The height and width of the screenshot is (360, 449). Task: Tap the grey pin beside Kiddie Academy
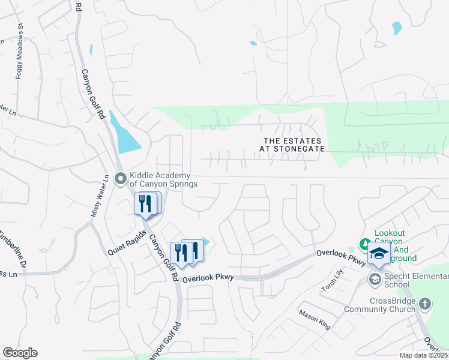tap(121, 178)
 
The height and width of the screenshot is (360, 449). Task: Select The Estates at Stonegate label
tap(294, 144)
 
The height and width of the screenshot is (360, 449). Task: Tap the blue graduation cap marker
tap(379, 254)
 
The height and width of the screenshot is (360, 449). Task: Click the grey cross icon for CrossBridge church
tap(425, 304)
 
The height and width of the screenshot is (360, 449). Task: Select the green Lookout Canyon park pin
tap(364, 244)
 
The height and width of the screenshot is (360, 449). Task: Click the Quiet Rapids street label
tap(127, 244)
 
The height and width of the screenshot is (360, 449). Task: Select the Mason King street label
tap(315, 317)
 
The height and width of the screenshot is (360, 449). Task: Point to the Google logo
tap(20, 353)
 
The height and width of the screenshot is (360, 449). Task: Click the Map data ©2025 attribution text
tap(424, 355)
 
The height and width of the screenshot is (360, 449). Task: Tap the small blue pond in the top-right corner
tap(396, 28)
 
